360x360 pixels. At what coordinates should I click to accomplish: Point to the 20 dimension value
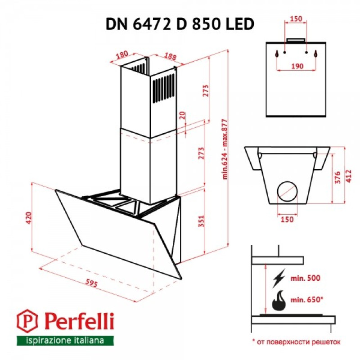(182, 115)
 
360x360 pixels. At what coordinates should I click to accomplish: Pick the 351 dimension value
(201, 220)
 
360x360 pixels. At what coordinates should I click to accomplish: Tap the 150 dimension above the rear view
(295, 19)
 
